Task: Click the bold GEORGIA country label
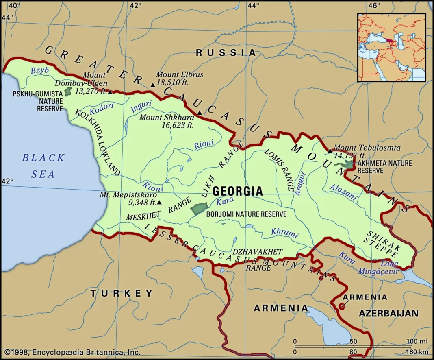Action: coord(238,191)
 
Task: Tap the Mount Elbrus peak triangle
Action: coord(152,85)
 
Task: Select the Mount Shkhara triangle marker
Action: coord(199,113)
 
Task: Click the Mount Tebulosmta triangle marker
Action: coord(330,151)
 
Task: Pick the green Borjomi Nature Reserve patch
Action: coord(197,209)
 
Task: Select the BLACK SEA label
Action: coord(43,166)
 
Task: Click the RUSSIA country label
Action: coord(226,52)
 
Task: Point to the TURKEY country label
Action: coord(122,293)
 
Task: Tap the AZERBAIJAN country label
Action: coord(388,313)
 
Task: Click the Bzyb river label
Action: coord(40,70)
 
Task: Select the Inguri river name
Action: coord(141,106)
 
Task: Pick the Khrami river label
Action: coord(284,233)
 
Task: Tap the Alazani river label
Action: coord(343,192)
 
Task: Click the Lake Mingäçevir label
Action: coord(378,268)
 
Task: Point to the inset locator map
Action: coord(391,47)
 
